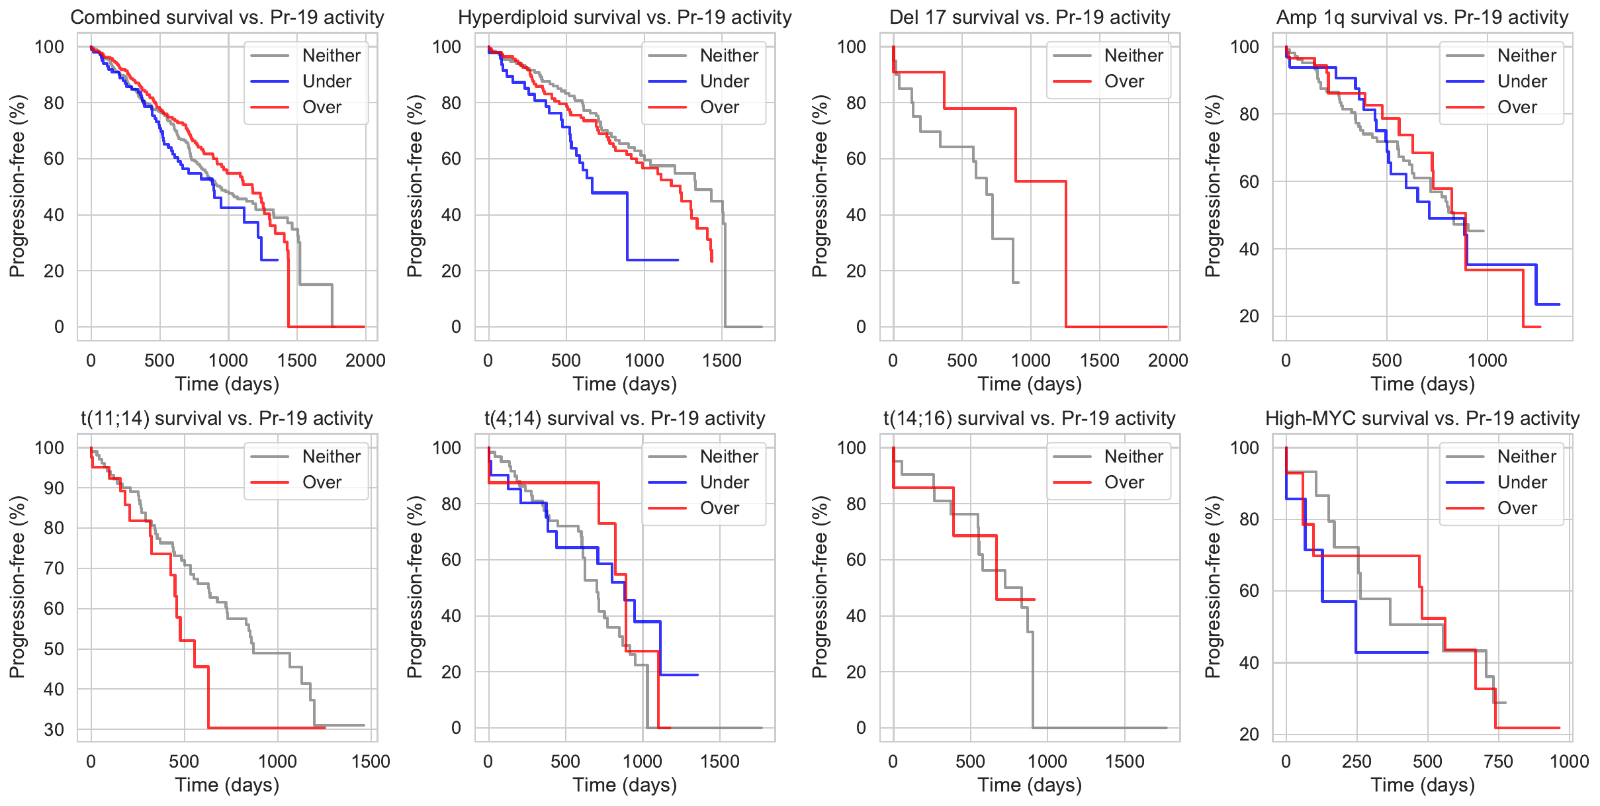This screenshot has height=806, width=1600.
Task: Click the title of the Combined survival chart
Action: click(x=227, y=17)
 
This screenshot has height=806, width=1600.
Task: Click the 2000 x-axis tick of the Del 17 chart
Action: click(x=1168, y=361)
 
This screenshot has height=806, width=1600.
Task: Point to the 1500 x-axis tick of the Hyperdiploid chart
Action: click(x=722, y=361)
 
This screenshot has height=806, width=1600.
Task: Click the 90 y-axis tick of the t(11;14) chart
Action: click(x=50, y=488)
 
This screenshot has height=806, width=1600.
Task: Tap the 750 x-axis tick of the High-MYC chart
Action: click(x=1498, y=762)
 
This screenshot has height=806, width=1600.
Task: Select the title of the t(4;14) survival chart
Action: click(x=625, y=418)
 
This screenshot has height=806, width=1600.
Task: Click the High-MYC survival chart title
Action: click(x=1422, y=418)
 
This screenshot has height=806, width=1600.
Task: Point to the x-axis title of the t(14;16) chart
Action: click(x=1030, y=785)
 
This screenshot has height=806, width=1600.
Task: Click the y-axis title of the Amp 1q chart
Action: click(x=1212, y=186)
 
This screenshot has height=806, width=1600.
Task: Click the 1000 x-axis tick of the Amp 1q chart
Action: click(x=1488, y=361)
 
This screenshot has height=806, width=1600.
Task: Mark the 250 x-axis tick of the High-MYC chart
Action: click(x=1356, y=762)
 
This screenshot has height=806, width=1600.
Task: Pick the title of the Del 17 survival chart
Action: click(x=1030, y=17)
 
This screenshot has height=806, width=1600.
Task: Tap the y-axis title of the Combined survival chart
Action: click(x=17, y=186)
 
